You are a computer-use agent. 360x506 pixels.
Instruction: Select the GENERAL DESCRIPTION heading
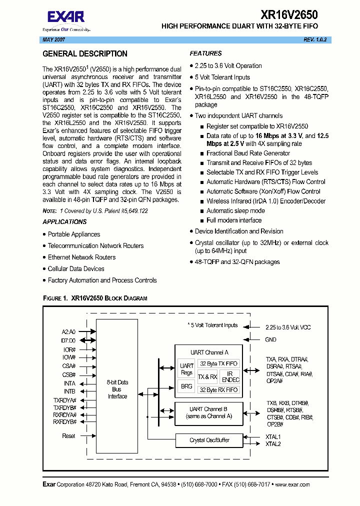[85, 54]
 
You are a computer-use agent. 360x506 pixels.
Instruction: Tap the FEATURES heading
[205, 53]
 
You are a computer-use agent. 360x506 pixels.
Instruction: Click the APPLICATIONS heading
[64, 222]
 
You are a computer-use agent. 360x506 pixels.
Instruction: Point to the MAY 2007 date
[53, 40]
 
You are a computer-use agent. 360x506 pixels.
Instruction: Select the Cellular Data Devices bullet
[76, 269]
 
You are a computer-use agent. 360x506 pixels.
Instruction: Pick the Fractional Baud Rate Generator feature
[248, 153]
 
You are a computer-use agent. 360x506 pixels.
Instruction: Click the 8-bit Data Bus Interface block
[117, 389]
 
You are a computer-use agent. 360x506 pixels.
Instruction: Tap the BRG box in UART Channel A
[186, 386]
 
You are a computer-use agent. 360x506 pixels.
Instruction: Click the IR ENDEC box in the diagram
[230, 376]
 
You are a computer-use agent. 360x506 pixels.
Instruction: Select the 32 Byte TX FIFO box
[218, 364]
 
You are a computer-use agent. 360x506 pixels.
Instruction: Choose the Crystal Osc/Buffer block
[209, 440]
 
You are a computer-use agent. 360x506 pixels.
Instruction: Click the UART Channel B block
[209, 412]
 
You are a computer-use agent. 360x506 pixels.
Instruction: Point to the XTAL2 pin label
[273, 444]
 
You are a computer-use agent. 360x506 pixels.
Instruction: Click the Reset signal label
[69, 436]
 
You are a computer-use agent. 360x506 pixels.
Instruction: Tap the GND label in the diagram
[270, 339]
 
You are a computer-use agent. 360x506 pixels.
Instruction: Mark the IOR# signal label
[69, 350]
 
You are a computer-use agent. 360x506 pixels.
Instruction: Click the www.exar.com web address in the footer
[292, 484]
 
